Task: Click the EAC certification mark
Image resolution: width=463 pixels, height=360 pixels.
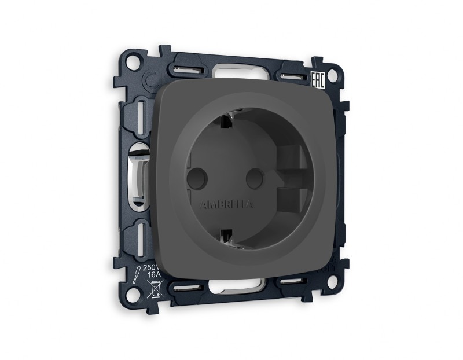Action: [318, 80]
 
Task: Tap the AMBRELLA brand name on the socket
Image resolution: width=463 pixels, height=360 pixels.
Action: [226, 205]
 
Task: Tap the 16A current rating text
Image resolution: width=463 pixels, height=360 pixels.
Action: [152, 277]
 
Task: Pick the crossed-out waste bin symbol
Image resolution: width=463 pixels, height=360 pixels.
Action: [156, 289]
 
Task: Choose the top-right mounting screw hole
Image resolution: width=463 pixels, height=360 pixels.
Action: [332, 75]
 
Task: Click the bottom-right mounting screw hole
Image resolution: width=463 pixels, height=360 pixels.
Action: [332, 282]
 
